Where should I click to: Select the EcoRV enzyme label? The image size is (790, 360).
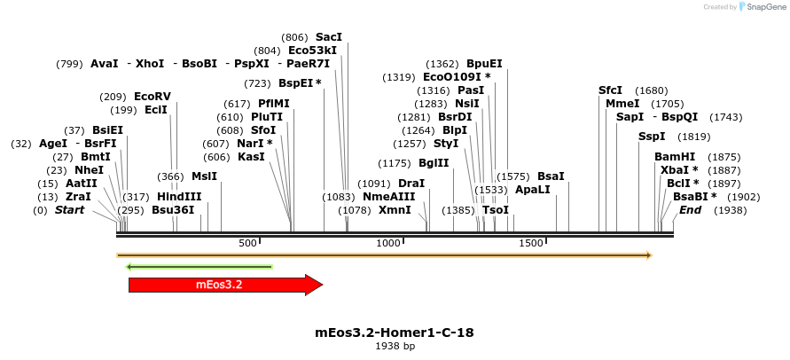152,97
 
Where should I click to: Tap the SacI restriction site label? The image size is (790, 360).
328,37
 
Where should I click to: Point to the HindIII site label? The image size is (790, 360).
179,197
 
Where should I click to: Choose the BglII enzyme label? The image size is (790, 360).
434,163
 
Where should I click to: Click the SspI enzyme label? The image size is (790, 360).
652,137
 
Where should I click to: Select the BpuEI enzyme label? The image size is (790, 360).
484,64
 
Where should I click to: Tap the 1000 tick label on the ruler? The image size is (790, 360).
388,243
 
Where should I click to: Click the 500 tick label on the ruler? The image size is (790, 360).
247,243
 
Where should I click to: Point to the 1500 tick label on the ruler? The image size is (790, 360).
530,243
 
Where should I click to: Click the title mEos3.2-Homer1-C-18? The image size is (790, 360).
395,333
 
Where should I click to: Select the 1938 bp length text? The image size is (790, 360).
395,347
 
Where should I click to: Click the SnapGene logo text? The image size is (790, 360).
763,7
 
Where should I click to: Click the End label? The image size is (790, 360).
690,210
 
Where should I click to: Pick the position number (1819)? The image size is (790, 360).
693,137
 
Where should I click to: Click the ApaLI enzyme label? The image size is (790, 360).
532,190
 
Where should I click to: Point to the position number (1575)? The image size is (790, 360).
512,176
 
